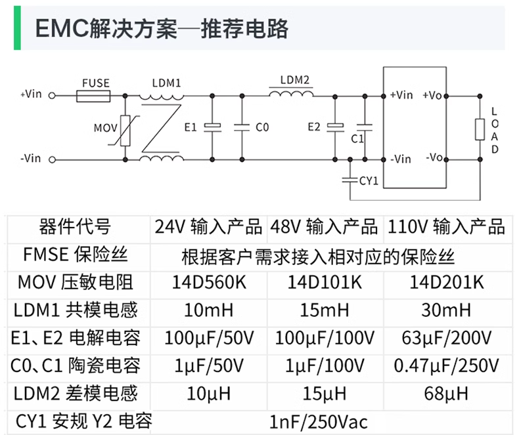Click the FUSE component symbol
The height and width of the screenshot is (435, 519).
[x=93, y=96]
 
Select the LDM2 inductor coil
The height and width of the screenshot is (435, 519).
[x=291, y=94]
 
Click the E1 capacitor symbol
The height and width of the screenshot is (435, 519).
[x=212, y=127]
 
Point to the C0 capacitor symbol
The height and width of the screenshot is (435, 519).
[x=242, y=127]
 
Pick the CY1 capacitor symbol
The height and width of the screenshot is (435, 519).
[x=350, y=180]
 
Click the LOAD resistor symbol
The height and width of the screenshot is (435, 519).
[x=480, y=129]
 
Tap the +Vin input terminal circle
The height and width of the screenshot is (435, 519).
[x=52, y=96]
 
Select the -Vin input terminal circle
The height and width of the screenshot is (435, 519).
[x=52, y=160]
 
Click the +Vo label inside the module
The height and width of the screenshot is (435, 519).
[x=432, y=96]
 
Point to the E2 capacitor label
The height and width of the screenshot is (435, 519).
[x=314, y=127]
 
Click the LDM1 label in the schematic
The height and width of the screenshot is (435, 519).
[x=166, y=83]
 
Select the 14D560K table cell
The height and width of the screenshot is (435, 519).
[x=209, y=283]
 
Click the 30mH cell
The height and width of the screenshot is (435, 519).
[x=446, y=310]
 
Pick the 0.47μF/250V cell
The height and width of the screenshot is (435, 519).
[x=447, y=365]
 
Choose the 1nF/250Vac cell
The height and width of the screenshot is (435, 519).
[x=319, y=422]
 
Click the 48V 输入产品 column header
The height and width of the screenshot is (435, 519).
[x=324, y=227]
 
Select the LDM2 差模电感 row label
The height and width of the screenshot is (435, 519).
[x=76, y=394]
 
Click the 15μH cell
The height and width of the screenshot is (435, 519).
[x=325, y=394]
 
